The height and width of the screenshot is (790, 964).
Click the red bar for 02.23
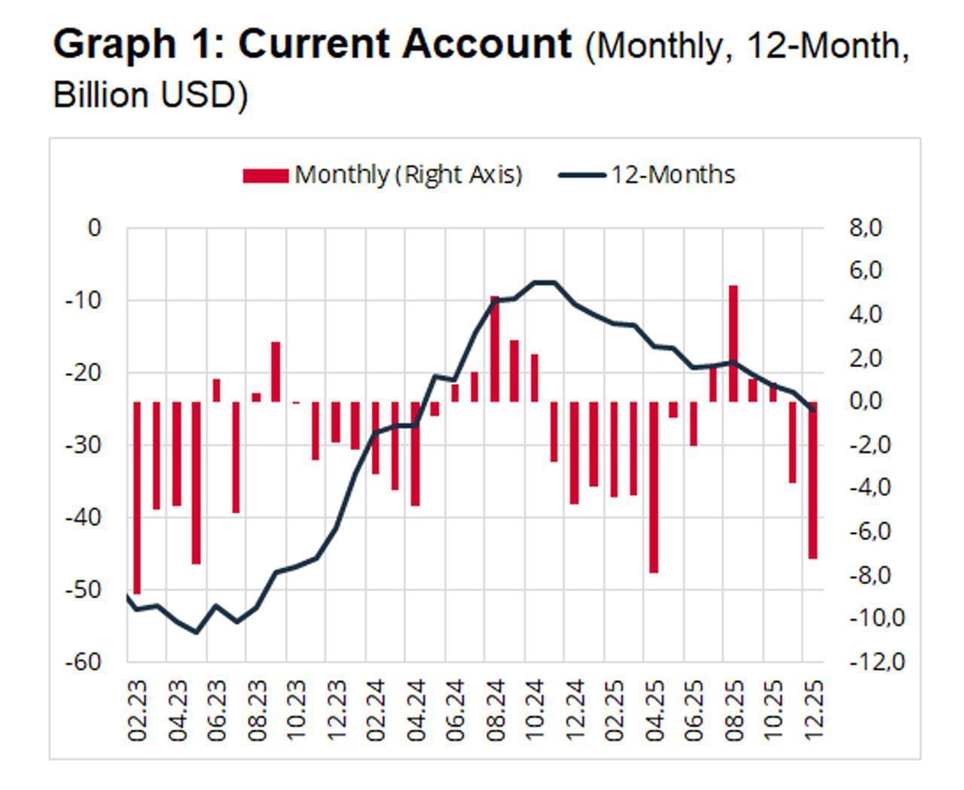[x=137, y=497]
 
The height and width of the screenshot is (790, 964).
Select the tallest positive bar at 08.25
[x=733, y=343]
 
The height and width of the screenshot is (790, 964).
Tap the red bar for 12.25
[x=813, y=480]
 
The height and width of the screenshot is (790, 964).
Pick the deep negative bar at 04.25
[x=654, y=487]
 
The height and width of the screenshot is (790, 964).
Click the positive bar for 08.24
[x=495, y=349]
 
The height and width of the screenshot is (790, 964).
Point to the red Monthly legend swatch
[x=265, y=175]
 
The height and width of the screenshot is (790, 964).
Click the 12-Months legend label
[x=672, y=175]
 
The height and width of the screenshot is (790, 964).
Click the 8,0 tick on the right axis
[x=865, y=227]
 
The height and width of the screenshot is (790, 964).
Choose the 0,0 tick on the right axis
[x=865, y=401]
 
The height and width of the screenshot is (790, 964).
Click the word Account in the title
[x=487, y=44]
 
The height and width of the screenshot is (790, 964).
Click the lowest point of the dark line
[x=197, y=632]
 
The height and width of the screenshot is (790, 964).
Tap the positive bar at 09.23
[x=276, y=372]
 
